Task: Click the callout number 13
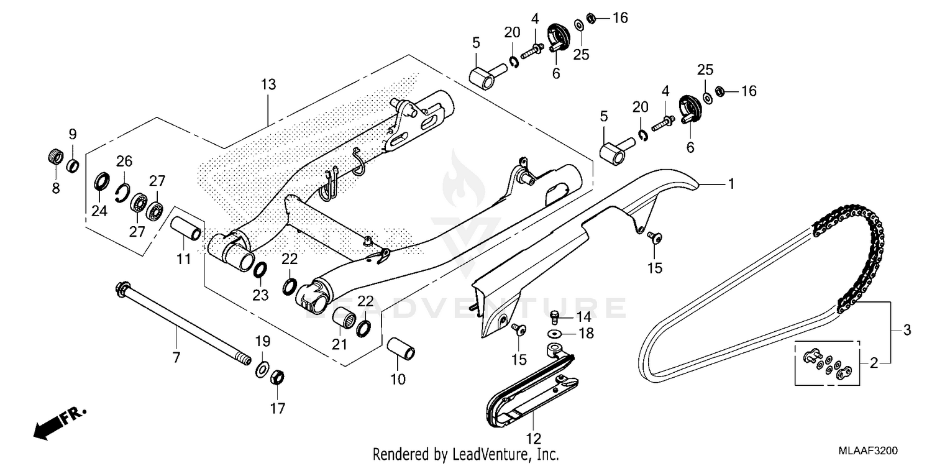268,85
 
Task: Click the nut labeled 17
278,377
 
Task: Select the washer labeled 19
262,370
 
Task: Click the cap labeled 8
55,156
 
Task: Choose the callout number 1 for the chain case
731,183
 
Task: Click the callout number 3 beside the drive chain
907,331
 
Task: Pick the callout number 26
124,162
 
